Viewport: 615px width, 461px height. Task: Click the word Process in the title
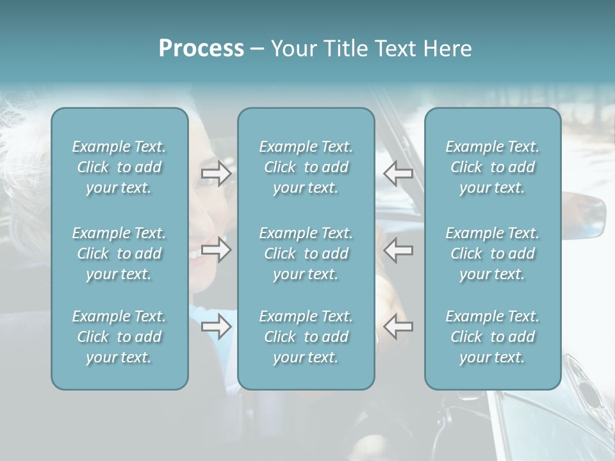coord(201,49)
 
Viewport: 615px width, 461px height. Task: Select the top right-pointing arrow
coord(216,174)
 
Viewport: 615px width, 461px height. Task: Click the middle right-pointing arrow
coord(216,250)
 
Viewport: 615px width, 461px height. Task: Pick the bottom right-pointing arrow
coord(216,327)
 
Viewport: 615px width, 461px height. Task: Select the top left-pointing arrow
coord(398,173)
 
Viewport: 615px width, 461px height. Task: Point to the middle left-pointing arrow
coord(398,250)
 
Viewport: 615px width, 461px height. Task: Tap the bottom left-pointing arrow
coord(398,327)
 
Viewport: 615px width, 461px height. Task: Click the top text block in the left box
coord(119,167)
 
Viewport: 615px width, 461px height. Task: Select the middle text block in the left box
coord(119,254)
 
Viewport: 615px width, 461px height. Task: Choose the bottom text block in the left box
coord(119,337)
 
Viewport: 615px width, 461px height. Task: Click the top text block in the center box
coord(306,167)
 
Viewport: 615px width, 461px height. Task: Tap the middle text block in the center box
coord(306,254)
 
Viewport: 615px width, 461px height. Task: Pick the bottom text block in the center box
coord(306,337)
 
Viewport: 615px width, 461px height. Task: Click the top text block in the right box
coord(493,167)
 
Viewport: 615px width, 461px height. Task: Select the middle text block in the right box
coord(493,254)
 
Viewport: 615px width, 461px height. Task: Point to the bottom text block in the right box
coord(493,337)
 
